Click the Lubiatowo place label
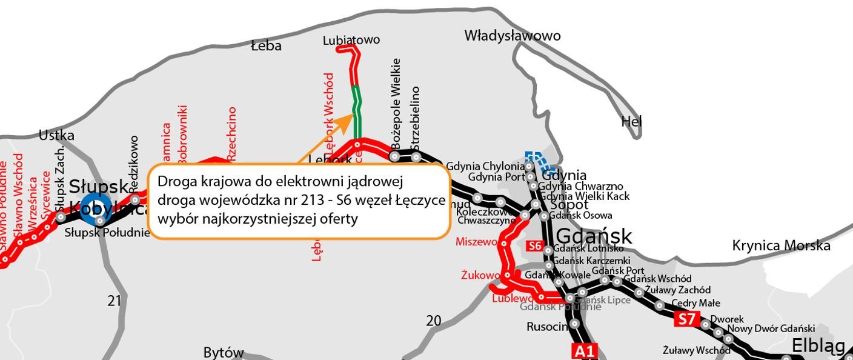(x=351, y=40)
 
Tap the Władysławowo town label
(x=513, y=36)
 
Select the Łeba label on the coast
(x=267, y=45)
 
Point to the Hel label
(x=631, y=122)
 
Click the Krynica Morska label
(x=781, y=245)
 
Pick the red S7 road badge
(x=686, y=319)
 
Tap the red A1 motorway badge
(x=585, y=351)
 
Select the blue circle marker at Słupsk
(x=96, y=208)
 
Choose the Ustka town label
(x=56, y=135)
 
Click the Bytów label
(x=224, y=353)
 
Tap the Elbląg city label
(x=818, y=346)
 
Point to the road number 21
(x=115, y=300)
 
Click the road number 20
(x=434, y=321)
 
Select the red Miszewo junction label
(x=476, y=242)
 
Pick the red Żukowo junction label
(x=479, y=275)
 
